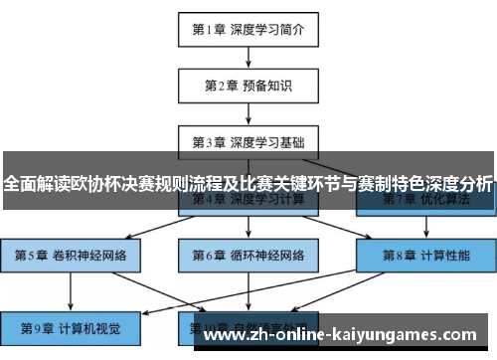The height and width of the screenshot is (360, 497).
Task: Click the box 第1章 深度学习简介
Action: click(x=248, y=29)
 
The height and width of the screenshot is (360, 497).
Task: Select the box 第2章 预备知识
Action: click(x=248, y=85)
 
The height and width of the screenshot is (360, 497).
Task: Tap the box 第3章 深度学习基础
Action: click(x=248, y=140)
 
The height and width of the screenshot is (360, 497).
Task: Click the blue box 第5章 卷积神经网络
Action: click(x=71, y=255)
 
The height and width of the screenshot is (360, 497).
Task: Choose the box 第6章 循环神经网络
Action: click(x=248, y=255)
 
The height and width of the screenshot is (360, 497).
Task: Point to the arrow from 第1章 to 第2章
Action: click(x=248, y=57)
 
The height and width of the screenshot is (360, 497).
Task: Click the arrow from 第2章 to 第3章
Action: click(x=248, y=112)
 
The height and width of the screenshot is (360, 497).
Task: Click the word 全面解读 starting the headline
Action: click(x=30, y=184)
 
